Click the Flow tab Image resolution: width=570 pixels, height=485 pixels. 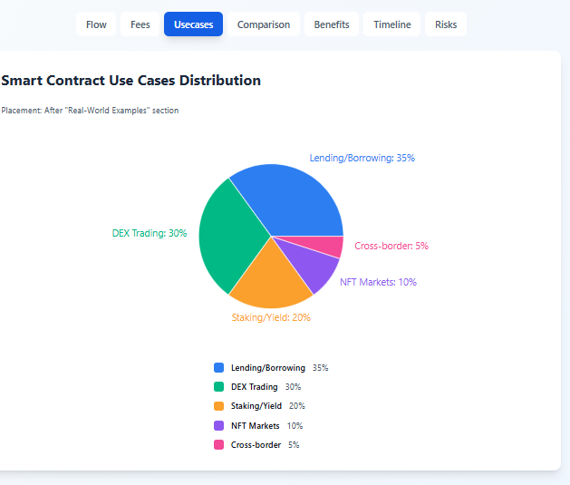click(96, 24)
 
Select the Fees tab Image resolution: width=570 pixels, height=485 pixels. click(140, 24)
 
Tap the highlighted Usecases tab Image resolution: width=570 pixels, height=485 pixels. click(193, 24)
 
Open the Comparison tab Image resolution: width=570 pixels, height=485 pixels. click(264, 24)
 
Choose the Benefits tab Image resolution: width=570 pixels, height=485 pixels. click(332, 24)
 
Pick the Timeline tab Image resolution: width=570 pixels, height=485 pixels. click(391, 24)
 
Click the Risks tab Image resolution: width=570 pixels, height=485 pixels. click(446, 24)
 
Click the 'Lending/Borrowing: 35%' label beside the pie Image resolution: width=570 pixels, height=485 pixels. click(362, 158)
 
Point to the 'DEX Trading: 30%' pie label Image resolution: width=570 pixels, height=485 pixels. click(150, 233)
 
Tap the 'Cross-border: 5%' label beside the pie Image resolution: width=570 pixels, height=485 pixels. click(391, 246)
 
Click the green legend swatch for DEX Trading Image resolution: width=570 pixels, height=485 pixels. click(218, 387)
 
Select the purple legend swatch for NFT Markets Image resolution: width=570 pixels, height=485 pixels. click(218, 425)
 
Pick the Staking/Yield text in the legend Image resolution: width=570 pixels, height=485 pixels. click(256, 406)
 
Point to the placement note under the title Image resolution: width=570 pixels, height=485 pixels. click(90, 111)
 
